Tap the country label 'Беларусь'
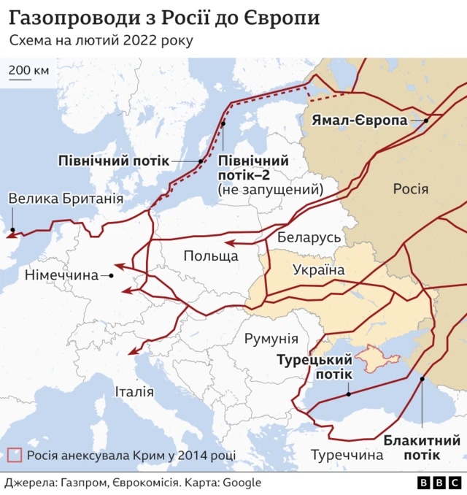coord(309,238)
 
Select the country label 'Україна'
coord(318,270)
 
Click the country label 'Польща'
coord(210,256)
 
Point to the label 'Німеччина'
coord(61,276)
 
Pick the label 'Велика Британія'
coord(66,199)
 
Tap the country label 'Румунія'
coord(271,339)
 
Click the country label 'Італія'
coord(134,392)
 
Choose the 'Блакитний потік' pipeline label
coord(422,448)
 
